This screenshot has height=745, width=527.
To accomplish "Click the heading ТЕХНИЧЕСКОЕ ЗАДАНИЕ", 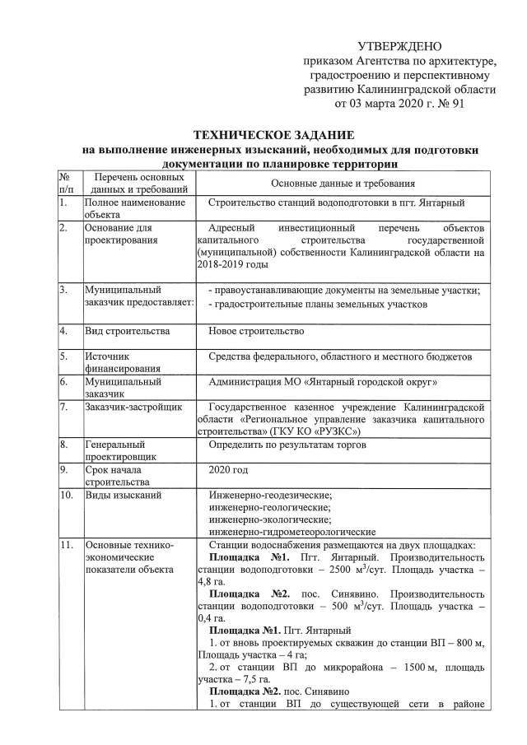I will [273, 134].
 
